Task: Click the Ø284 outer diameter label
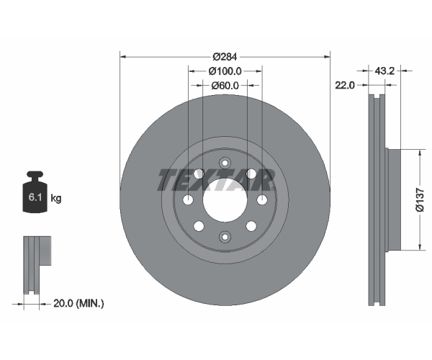pos(225,57)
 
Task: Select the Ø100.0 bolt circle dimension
pos(225,71)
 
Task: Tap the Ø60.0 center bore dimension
pos(225,86)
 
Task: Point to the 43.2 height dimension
pos(384,71)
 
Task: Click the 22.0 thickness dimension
pos(345,85)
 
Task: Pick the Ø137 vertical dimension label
pos(420,200)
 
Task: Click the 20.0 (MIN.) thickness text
pos(78,304)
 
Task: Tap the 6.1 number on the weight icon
pos(35,197)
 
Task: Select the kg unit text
pos(56,198)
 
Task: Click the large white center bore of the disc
pos(225,200)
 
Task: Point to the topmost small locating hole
pos(225,163)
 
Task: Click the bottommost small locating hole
pos(225,237)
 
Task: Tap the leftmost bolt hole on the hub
pos(188,199)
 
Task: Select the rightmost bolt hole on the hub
pos(262,199)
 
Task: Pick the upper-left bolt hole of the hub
pos(199,174)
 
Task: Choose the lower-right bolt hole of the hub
pos(251,226)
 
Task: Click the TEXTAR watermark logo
pos(216,180)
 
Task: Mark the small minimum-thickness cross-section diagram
pos(37,265)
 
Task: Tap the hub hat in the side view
pos(393,199)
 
